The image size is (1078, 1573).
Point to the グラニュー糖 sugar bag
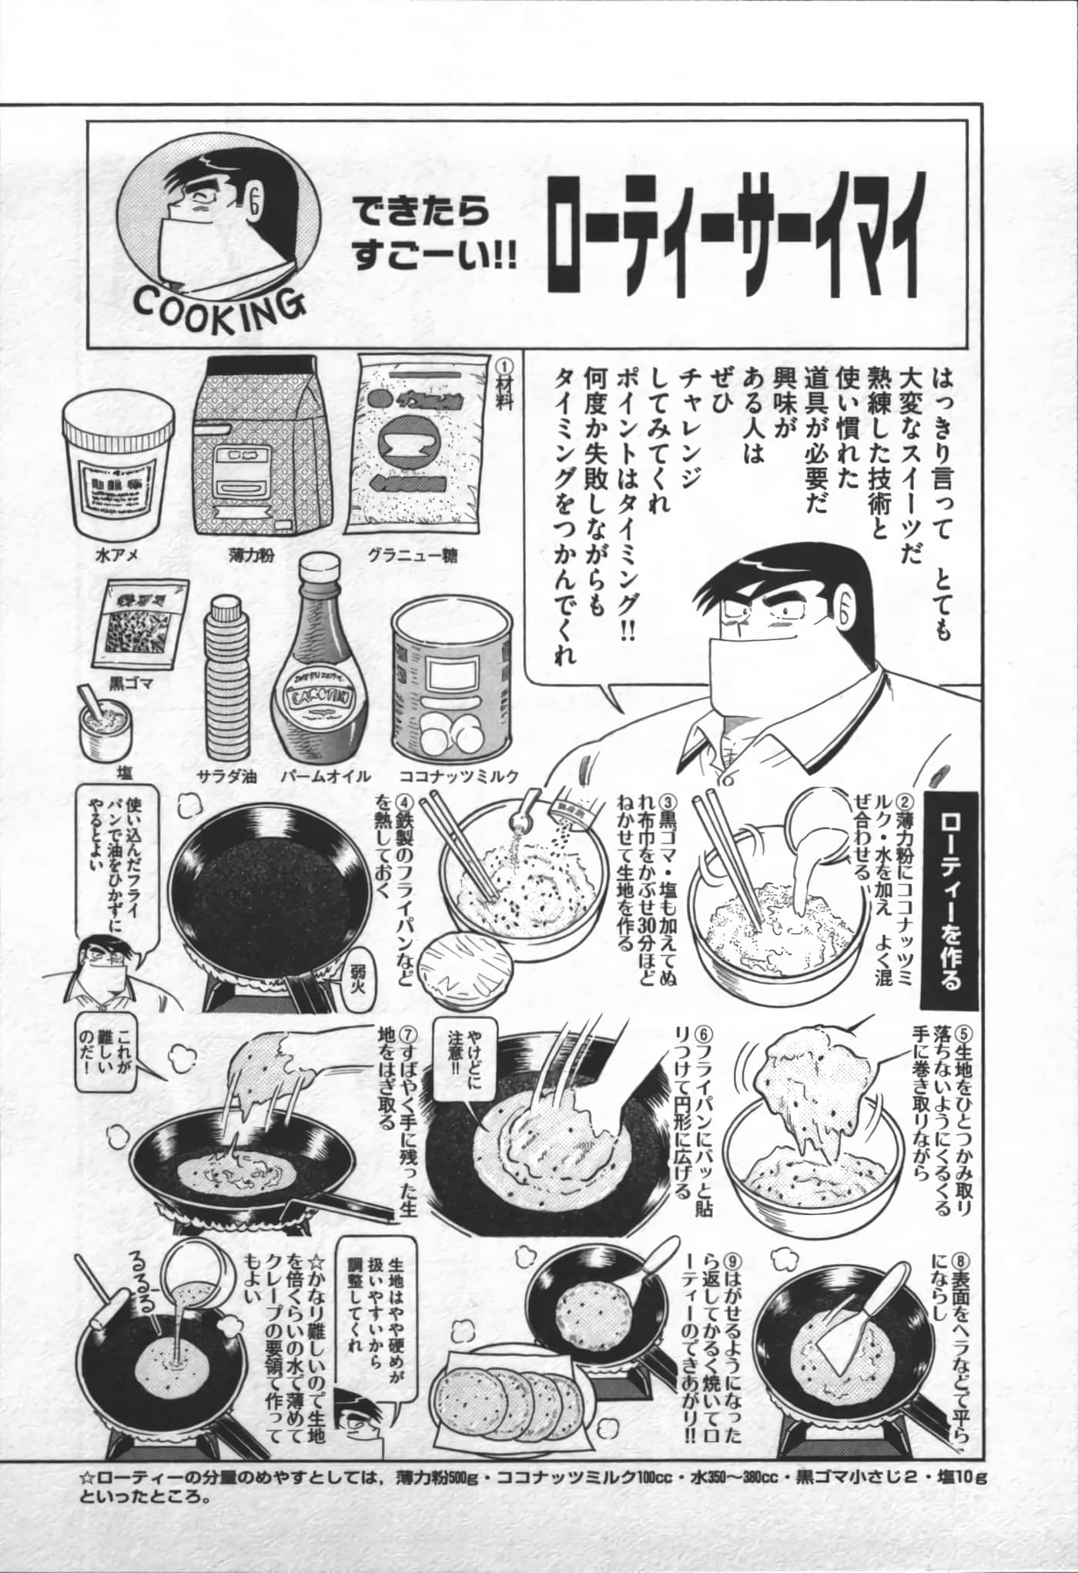(x=419, y=444)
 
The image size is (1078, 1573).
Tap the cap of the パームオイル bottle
(x=316, y=573)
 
